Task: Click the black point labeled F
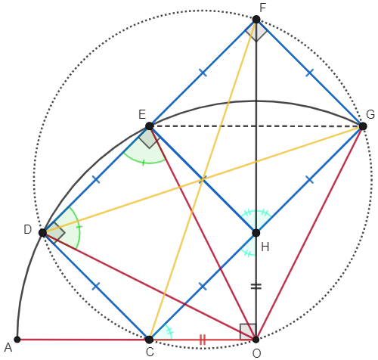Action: point(256,20)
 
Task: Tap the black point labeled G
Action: point(363,126)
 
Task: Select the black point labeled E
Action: point(150,126)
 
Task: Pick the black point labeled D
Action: point(43,232)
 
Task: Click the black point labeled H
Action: point(256,233)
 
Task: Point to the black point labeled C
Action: point(150,340)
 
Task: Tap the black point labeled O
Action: point(256,340)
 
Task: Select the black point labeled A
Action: point(17,340)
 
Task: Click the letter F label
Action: point(263,8)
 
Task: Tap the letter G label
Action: point(370,114)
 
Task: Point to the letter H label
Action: point(265,247)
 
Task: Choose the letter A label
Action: point(8,348)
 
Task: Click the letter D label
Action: point(28,230)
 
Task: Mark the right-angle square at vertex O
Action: point(248,331)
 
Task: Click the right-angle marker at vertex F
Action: point(256,30)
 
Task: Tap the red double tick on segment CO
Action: point(203,340)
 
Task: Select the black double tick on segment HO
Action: point(256,287)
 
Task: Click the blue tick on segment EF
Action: point(203,73)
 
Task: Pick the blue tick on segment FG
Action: point(309,73)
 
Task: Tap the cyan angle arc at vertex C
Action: point(169,331)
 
